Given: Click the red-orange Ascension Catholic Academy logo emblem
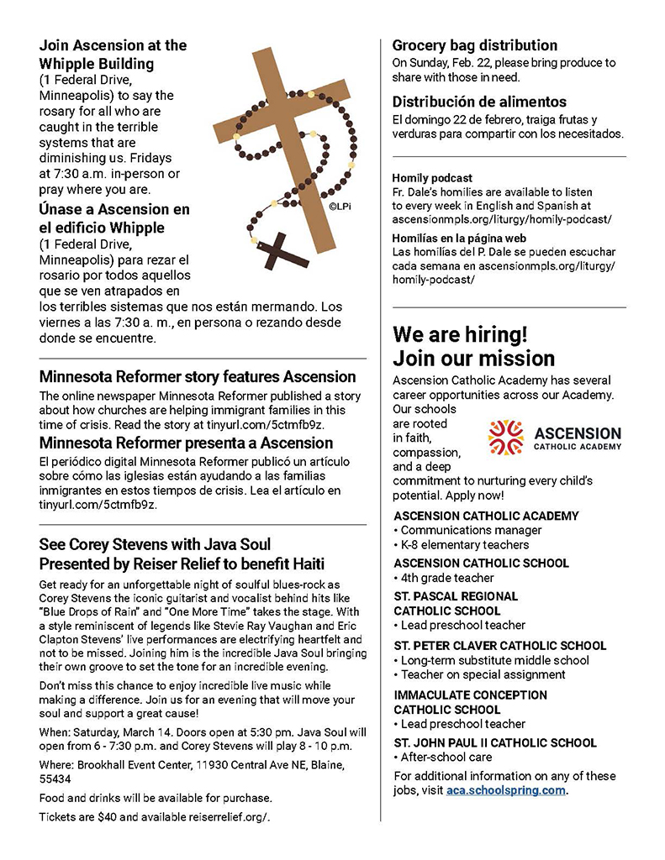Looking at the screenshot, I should [505, 437].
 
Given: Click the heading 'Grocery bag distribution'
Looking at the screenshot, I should [475, 45].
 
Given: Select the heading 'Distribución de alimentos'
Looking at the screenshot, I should [479, 102].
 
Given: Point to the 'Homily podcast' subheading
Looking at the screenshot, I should [432, 178].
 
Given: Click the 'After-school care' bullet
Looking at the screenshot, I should [446, 758].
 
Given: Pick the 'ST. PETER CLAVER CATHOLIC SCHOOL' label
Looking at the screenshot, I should [499, 646].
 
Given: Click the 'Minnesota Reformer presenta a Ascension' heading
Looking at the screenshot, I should [186, 443].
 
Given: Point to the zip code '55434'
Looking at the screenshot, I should [55, 779].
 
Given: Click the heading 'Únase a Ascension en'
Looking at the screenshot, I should [114, 209].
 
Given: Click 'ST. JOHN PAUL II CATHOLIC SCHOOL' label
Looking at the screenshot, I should [495, 743].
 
